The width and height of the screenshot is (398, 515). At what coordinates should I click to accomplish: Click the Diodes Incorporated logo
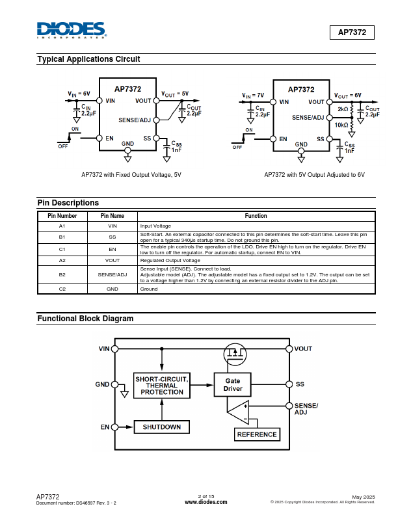(x=72, y=30)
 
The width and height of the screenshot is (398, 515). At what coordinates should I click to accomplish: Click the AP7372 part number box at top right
(x=352, y=33)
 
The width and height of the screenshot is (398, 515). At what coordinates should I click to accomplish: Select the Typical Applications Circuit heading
(x=88, y=59)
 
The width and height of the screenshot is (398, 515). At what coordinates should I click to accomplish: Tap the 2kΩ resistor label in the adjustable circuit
(x=343, y=109)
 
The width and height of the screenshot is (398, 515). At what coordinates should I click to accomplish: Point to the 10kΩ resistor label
(x=341, y=125)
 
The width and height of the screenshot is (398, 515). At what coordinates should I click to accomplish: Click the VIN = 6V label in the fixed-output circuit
(x=79, y=94)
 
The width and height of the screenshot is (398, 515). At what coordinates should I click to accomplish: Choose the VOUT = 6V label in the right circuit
(x=348, y=96)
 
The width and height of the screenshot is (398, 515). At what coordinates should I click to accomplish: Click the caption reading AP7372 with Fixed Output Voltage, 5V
(x=131, y=175)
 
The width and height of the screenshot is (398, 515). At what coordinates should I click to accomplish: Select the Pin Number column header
(x=62, y=216)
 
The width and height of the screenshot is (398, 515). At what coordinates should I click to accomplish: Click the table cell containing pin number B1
(x=62, y=237)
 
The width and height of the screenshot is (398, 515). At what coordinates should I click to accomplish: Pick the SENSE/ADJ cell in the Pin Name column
(x=113, y=274)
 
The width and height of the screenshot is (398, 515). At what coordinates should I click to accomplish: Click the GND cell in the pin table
(x=113, y=289)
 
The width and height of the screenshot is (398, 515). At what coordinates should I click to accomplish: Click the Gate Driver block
(x=233, y=384)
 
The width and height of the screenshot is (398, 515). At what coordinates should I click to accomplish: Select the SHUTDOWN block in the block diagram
(x=161, y=427)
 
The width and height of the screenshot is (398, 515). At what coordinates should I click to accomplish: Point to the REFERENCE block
(x=257, y=434)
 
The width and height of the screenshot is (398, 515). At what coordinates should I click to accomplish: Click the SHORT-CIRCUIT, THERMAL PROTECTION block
(x=162, y=386)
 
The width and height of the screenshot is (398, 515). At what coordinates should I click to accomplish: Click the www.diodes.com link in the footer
(x=206, y=502)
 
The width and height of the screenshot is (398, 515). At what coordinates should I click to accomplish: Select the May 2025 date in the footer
(x=363, y=497)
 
